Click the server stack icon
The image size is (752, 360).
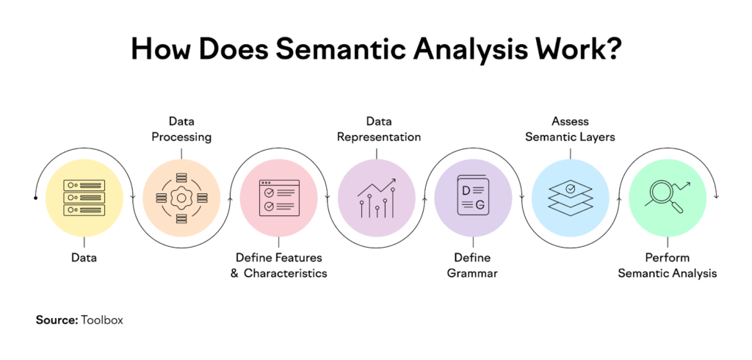[x=83, y=196]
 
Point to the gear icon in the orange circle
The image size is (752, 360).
[x=181, y=198]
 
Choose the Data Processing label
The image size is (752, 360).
[x=181, y=128]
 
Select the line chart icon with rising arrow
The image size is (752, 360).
[x=376, y=196]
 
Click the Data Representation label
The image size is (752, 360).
[x=376, y=128]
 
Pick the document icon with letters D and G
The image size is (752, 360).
[x=473, y=196]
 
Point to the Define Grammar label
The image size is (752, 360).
[x=473, y=265]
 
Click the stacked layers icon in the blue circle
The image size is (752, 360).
[x=570, y=195]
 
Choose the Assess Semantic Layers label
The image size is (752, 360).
[x=570, y=128]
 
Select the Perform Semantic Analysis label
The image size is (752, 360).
[x=667, y=265]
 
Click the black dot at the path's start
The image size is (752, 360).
[x=36, y=198]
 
